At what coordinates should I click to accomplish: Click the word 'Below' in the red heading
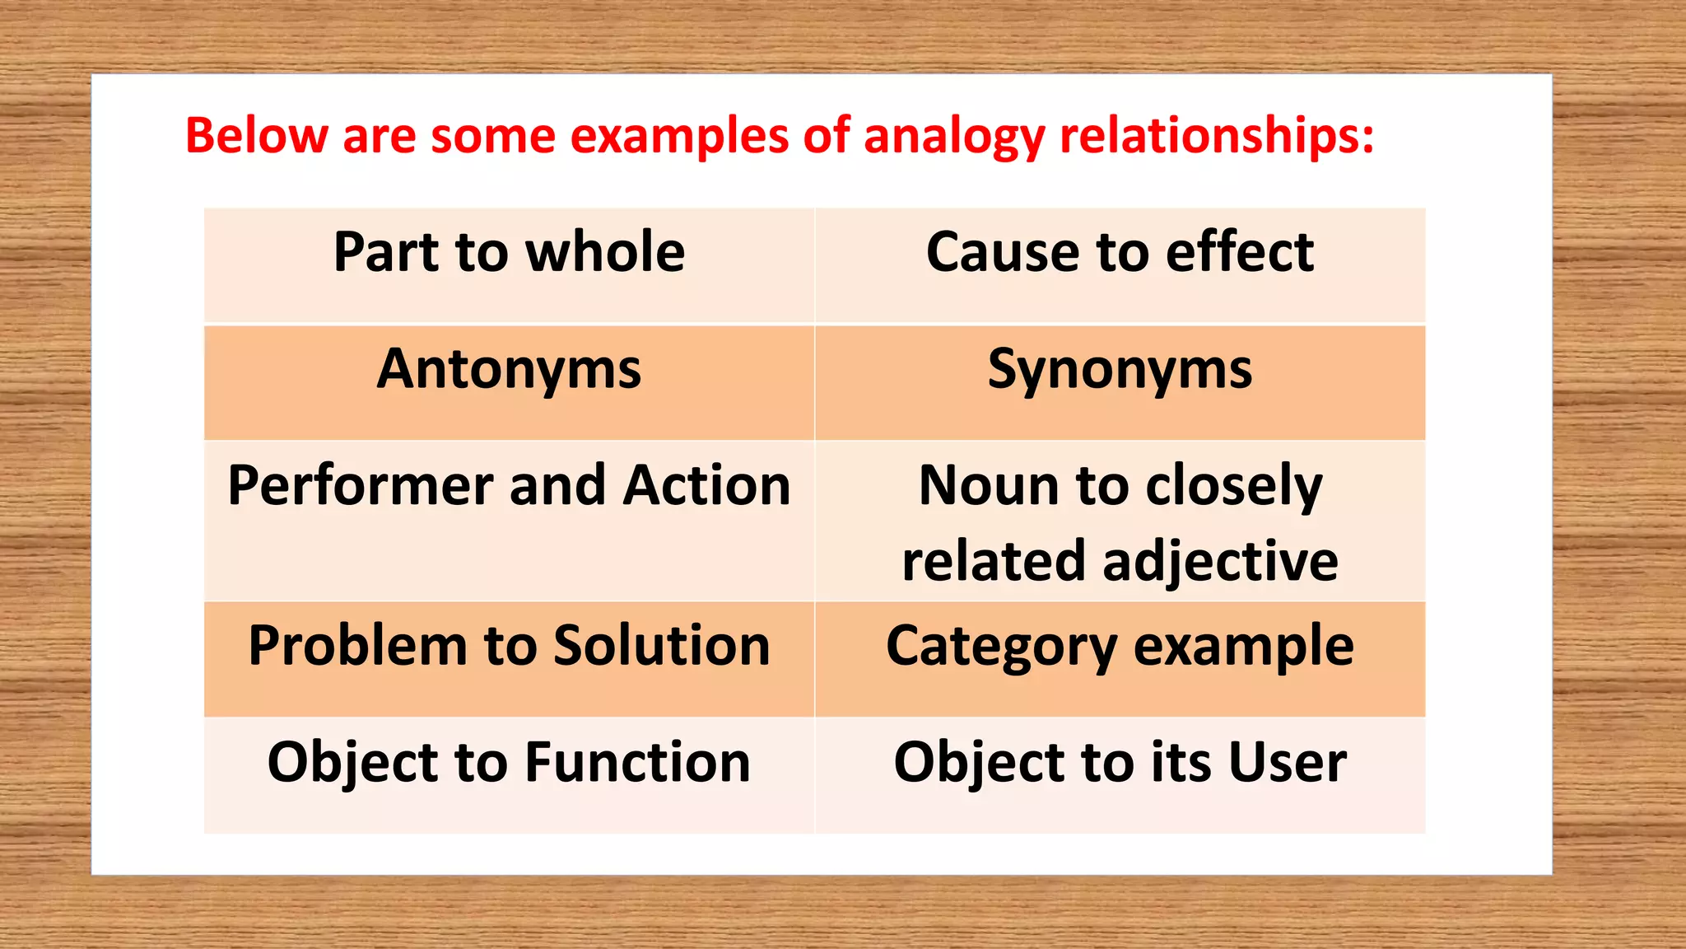[256, 135]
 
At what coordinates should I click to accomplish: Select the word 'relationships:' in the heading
[1217, 135]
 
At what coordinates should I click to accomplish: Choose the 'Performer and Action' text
[509, 485]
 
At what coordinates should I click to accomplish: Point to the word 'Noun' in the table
[986, 485]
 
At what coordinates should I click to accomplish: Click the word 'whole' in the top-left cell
[605, 252]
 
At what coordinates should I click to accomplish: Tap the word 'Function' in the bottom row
[637, 762]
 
